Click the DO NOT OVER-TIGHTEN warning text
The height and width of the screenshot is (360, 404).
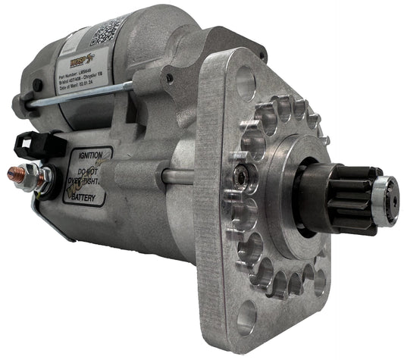point(88,174)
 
